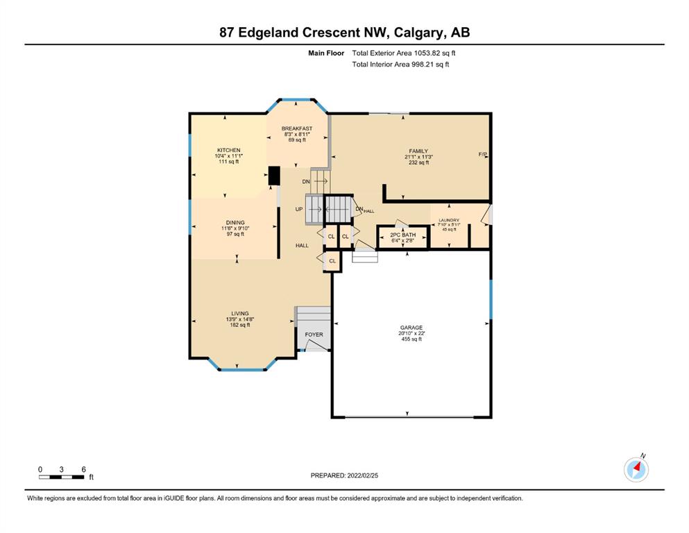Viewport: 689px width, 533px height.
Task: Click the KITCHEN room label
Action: click(x=228, y=151)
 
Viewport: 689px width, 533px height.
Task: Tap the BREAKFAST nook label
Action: click(x=297, y=129)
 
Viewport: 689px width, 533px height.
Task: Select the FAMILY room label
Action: click(x=418, y=151)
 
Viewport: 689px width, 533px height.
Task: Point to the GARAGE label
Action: click(x=411, y=328)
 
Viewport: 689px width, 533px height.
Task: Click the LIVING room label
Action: click(x=240, y=314)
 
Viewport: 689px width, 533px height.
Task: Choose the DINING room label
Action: click(x=235, y=223)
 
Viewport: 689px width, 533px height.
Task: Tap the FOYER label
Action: click(x=314, y=335)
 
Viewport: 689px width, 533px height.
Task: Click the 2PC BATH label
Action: click(x=402, y=235)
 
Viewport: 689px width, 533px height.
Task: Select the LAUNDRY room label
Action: click(x=449, y=220)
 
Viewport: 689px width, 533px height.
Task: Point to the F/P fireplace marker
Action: click(x=482, y=154)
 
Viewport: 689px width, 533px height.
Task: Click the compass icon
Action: click(x=636, y=469)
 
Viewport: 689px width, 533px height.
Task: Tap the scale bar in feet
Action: click(x=62, y=477)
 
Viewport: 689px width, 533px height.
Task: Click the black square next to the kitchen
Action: click(x=274, y=176)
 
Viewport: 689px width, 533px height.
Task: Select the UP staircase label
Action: click(x=299, y=209)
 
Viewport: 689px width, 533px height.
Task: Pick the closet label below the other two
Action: click(x=332, y=261)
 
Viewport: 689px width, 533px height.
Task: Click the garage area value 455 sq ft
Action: click(x=411, y=339)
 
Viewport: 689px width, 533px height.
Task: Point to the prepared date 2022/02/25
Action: click(x=362, y=475)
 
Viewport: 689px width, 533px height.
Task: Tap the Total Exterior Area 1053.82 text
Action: click(x=403, y=53)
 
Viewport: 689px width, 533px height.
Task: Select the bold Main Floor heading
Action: click(x=326, y=53)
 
